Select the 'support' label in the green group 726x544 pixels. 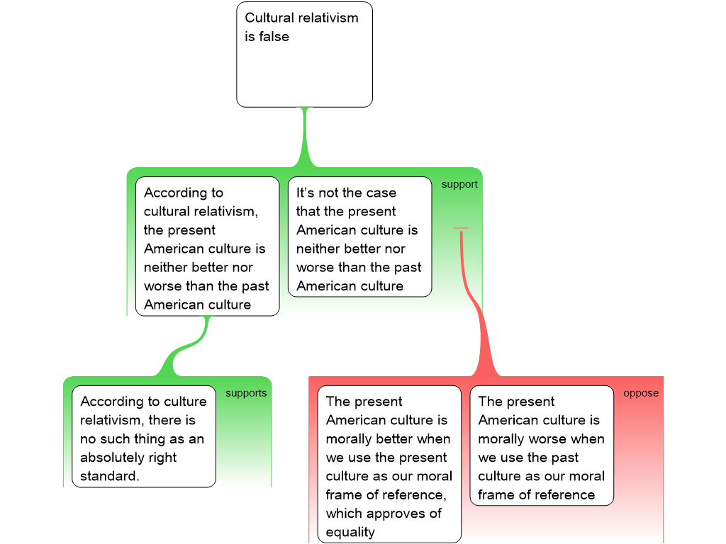click(x=459, y=184)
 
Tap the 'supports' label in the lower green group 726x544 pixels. click(x=246, y=393)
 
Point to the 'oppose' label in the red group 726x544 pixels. click(x=641, y=393)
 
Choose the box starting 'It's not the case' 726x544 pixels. click(x=359, y=237)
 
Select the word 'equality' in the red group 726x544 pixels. click(x=350, y=532)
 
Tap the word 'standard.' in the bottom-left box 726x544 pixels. click(x=110, y=476)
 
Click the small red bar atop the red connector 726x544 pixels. click(x=461, y=228)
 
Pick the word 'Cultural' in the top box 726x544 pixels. click(x=269, y=18)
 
